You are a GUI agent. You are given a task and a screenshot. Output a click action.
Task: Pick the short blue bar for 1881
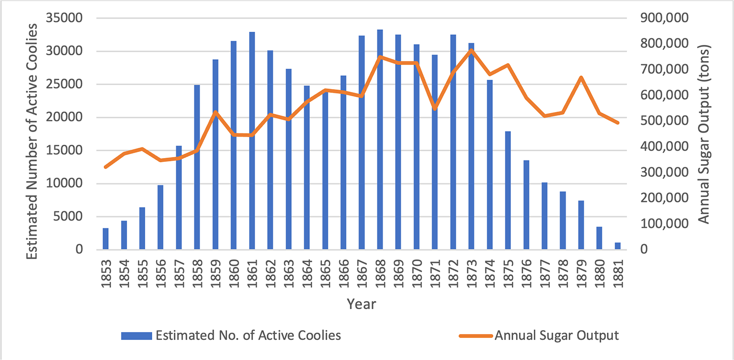tap(618, 246)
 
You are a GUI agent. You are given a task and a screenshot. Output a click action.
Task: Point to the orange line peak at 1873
tap(471, 50)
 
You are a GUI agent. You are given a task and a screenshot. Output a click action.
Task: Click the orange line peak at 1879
tap(581, 77)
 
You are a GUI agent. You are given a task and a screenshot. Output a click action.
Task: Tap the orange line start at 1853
tap(105, 167)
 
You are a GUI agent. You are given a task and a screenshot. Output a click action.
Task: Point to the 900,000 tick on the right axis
tap(657, 19)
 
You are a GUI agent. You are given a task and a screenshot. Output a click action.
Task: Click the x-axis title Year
tap(362, 304)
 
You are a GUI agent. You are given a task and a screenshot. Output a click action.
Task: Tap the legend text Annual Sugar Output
tap(557, 336)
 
